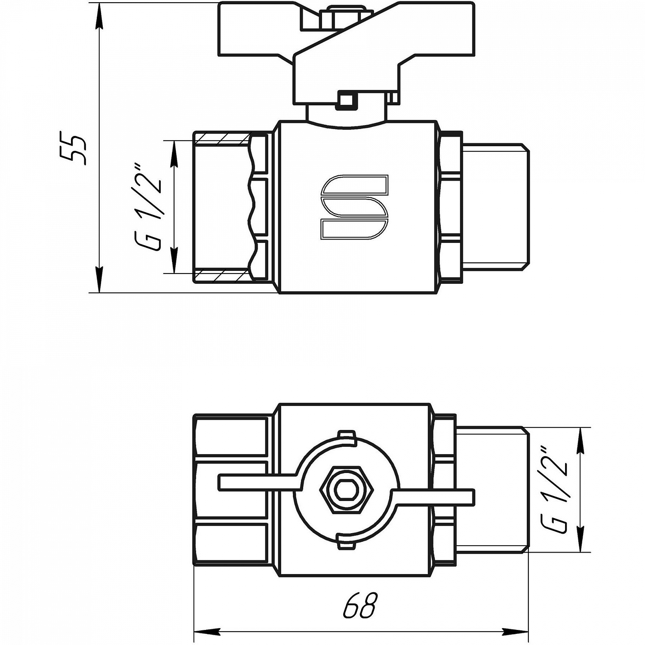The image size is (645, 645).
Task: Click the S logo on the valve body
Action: pyautogui.click(x=355, y=207)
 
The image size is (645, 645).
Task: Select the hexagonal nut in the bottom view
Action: pyautogui.click(x=347, y=490)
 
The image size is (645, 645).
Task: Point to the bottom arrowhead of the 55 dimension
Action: pyautogui.click(x=99, y=280)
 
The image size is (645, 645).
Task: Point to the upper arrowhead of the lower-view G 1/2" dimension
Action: pyautogui.click(x=581, y=441)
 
